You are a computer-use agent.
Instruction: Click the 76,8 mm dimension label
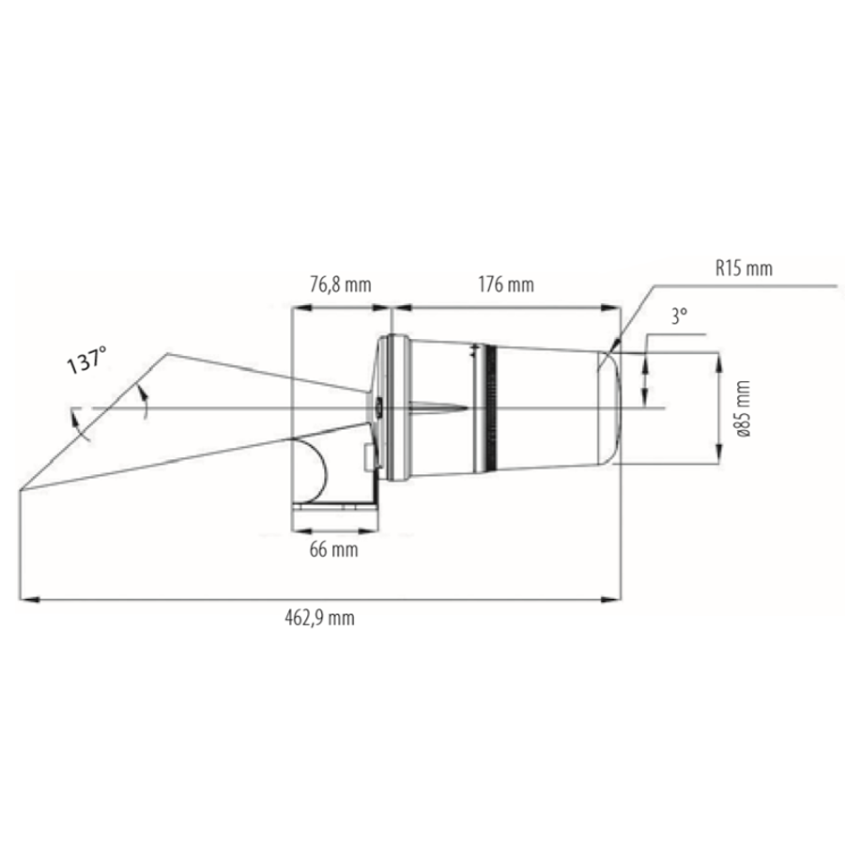[341, 283]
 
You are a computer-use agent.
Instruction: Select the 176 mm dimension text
[505, 283]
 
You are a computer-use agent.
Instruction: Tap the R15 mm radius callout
[742, 269]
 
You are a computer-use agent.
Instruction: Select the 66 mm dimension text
[333, 550]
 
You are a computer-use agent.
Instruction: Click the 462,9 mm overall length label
[319, 617]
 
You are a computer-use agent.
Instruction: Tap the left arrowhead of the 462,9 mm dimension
[26, 597]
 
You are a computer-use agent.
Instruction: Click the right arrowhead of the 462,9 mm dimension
[615, 597]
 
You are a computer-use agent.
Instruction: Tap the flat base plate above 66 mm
[333, 508]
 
